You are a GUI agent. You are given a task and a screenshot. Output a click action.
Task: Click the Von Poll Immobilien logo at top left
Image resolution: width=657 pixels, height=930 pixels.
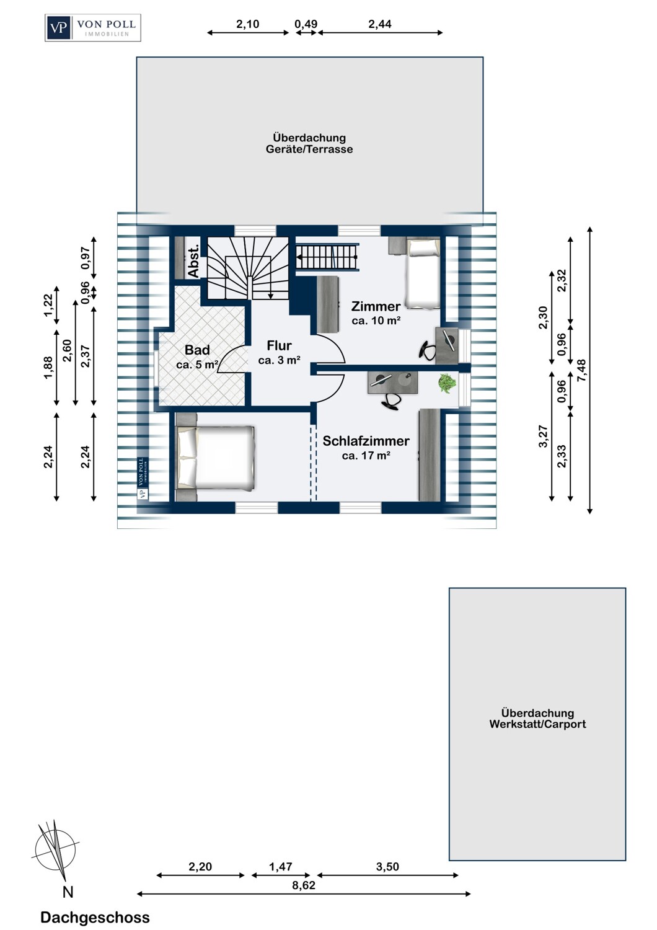[93, 27]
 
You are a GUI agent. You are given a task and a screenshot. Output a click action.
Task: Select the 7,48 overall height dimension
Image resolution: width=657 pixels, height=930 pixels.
[581, 371]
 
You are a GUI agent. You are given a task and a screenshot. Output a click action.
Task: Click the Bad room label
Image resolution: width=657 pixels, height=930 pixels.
[197, 350]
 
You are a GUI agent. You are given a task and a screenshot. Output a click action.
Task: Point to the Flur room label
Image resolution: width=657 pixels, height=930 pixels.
[279, 345]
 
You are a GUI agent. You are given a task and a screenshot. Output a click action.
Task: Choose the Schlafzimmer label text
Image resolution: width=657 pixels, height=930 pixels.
[366, 441]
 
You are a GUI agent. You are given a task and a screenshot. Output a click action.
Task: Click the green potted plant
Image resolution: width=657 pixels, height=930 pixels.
[447, 383]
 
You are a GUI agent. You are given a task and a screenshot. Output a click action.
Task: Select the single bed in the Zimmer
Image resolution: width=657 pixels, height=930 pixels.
[423, 274]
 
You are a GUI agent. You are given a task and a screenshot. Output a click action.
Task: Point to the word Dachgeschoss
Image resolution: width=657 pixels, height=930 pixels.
[95, 918]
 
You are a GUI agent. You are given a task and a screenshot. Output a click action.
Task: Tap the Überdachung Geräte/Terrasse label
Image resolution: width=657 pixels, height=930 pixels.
[309, 143]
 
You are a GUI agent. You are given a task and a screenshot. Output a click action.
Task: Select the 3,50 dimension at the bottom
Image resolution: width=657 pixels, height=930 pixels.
[387, 867]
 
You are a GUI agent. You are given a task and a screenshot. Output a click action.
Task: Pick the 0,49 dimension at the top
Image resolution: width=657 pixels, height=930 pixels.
[306, 24]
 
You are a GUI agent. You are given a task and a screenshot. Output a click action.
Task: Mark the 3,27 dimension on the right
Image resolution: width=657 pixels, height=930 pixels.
[543, 436]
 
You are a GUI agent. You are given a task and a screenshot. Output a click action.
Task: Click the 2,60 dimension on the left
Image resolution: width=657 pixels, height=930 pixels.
[67, 351]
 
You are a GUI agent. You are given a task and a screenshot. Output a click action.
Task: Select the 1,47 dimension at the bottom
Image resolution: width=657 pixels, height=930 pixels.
[281, 867]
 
